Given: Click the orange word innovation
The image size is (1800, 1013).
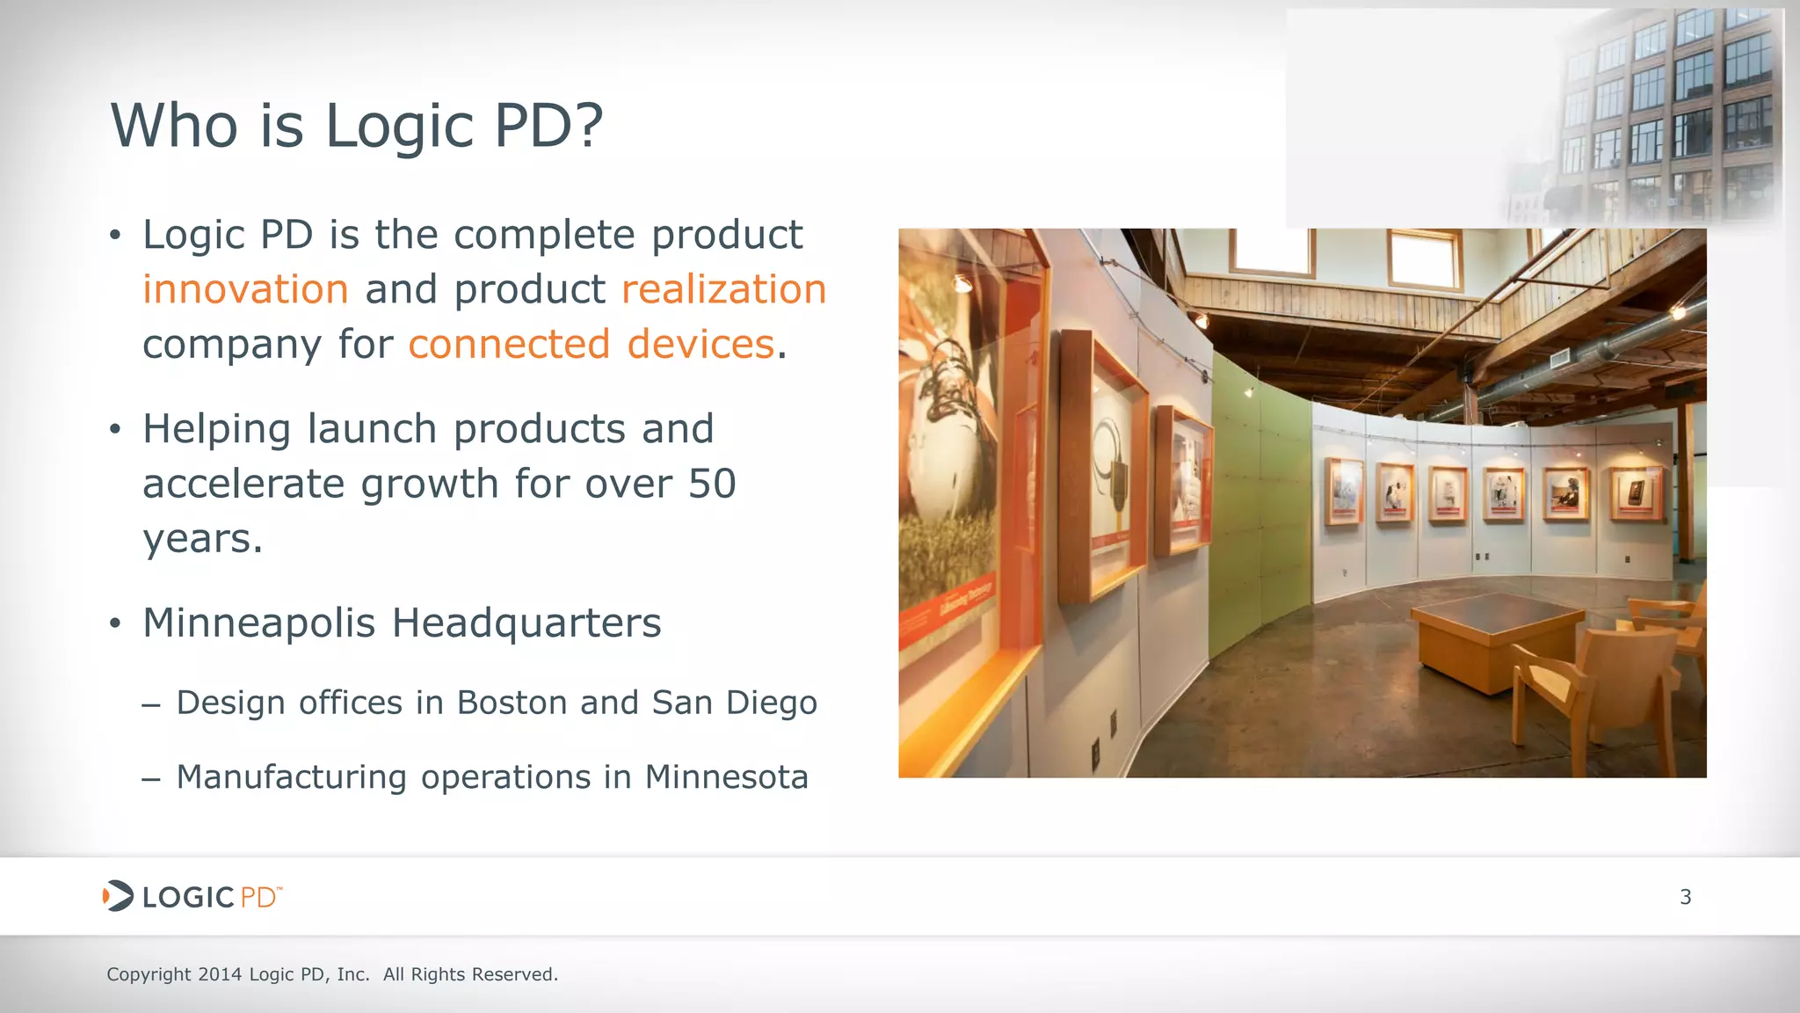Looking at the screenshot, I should click(x=245, y=290).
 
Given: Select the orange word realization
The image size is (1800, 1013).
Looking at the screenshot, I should click(x=723, y=290).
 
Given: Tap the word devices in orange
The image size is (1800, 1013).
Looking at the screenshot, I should click(x=700, y=345).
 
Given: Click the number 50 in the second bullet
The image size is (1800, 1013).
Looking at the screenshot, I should click(x=712, y=485).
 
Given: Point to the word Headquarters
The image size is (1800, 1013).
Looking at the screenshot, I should click(x=526, y=623).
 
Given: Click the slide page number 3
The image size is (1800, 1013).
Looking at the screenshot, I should click(x=1685, y=897).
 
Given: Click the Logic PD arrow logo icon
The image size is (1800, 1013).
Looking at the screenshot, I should click(x=118, y=896).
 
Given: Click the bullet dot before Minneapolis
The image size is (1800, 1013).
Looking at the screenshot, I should click(x=114, y=624).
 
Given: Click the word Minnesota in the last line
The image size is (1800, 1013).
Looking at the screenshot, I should click(x=726, y=777).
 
